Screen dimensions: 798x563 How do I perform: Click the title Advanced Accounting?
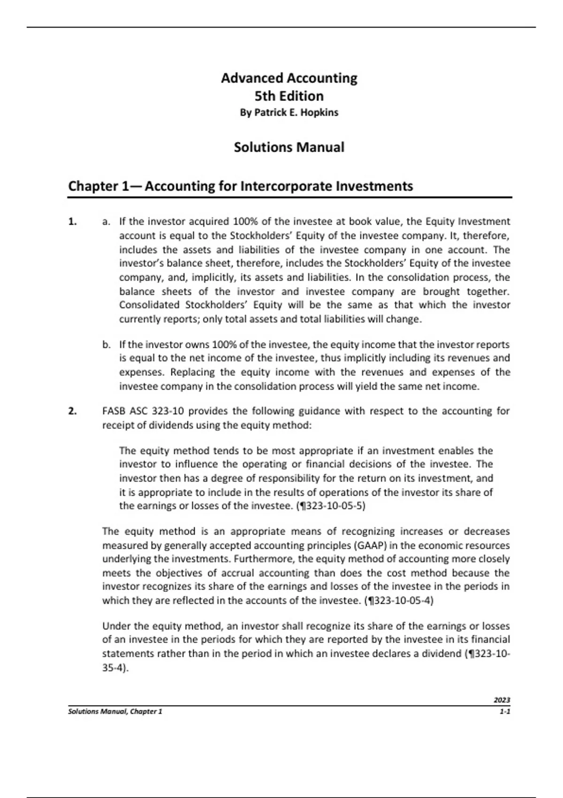tap(289, 78)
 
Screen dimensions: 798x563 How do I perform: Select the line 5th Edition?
tap(289, 96)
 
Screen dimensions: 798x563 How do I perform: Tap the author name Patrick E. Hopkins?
tap(296, 113)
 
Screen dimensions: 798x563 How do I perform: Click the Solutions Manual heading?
tap(289, 147)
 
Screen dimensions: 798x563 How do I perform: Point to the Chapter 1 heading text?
tap(240, 186)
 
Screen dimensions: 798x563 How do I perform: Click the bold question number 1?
tap(72, 222)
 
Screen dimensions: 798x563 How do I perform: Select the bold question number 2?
tap(72, 412)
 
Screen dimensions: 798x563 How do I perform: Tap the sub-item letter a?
tap(106, 222)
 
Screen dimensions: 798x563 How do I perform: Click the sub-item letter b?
tap(106, 345)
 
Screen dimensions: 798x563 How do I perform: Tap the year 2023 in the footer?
tap(502, 700)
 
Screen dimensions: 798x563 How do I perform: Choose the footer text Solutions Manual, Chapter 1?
tap(115, 712)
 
